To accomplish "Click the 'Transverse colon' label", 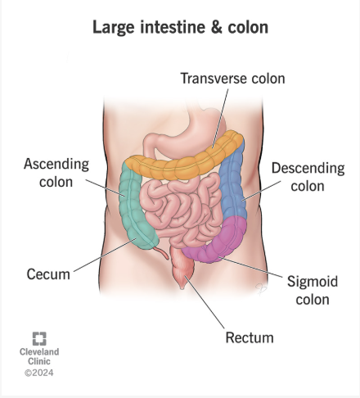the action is (232, 79).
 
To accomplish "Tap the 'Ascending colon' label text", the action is (56, 173).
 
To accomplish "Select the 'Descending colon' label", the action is (308, 177).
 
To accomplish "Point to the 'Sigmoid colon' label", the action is (313, 290).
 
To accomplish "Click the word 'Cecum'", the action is (48, 274).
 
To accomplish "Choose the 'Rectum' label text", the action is (250, 337).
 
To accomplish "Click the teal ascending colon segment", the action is (133, 207).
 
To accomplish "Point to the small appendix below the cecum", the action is (162, 252).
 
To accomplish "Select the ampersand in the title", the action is (217, 27).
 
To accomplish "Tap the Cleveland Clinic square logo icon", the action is (39, 338).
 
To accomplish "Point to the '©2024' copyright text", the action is (39, 373).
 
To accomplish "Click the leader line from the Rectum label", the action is (205, 302).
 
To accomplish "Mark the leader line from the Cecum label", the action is (105, 256).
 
